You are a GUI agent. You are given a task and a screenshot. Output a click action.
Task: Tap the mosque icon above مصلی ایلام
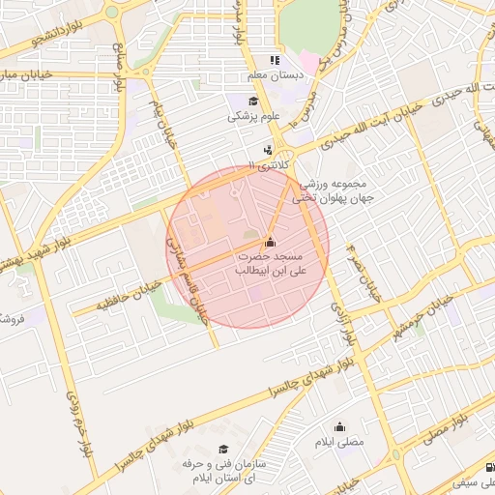tap(339, 427)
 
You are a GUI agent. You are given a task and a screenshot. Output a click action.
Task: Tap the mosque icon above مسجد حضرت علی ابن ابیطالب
tap(270, 243)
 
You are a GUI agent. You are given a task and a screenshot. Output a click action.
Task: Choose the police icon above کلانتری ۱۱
tap(267, 150)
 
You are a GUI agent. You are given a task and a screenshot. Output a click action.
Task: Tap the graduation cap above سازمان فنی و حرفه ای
tap(223, 450)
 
